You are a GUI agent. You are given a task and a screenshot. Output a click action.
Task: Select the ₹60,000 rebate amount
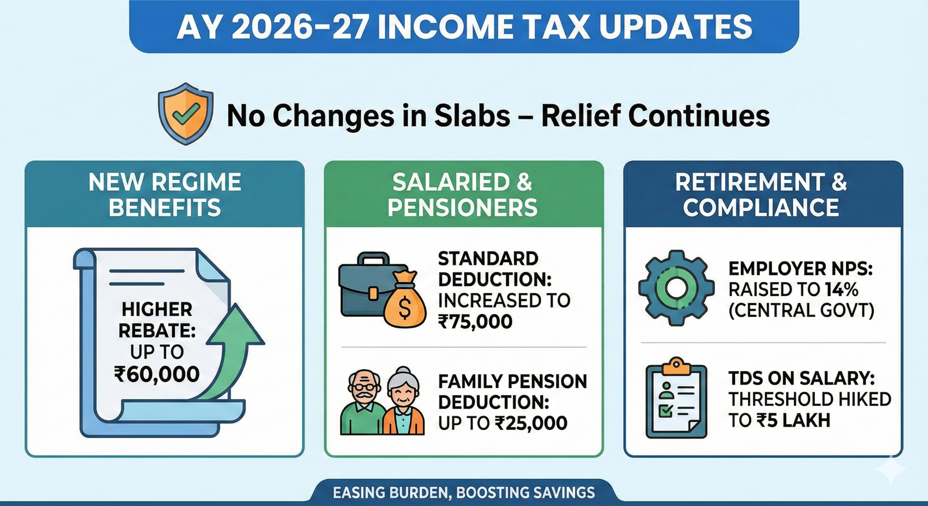pos(157,374)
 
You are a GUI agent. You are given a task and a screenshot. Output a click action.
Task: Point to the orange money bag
pos(404,299)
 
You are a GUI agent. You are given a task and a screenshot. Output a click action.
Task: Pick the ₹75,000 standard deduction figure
pos(475,322)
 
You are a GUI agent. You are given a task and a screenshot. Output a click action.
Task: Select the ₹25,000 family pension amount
pos(531,423)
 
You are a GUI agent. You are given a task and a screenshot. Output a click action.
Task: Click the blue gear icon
pos(676,288)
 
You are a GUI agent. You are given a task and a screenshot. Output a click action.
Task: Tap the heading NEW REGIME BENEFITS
pos(165,195)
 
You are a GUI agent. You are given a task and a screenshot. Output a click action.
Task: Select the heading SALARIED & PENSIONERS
pos(463,195)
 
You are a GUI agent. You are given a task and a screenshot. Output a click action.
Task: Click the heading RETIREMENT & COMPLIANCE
pos(761,195)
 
